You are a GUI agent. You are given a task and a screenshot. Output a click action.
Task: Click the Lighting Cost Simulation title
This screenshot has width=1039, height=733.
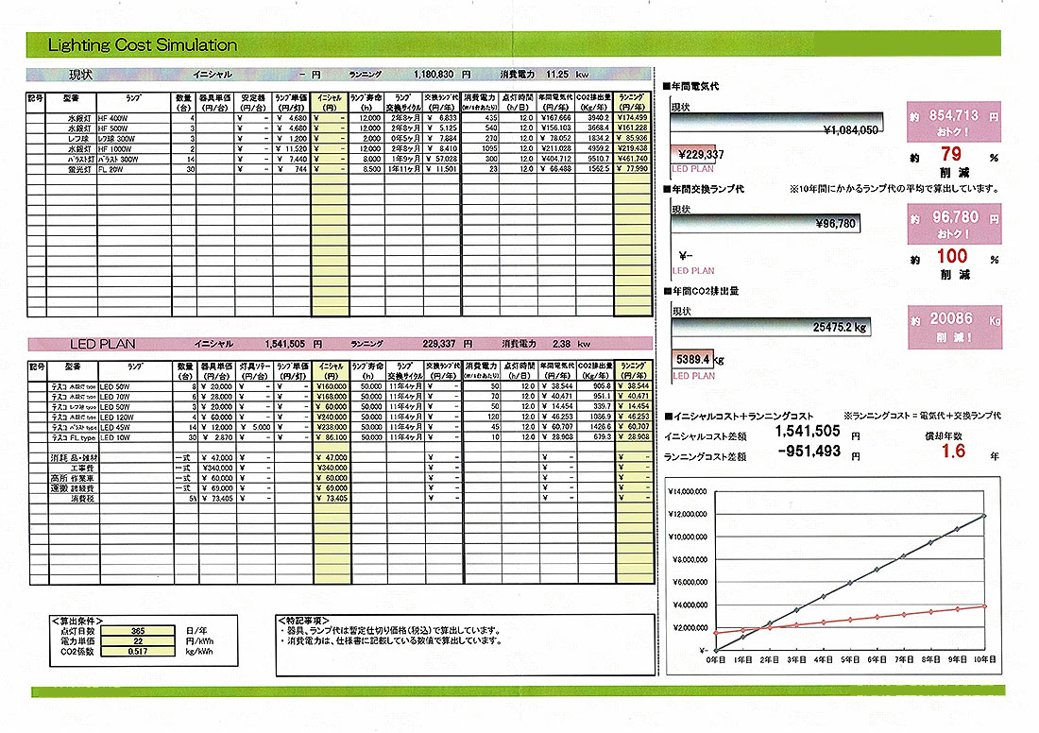click(142, 45)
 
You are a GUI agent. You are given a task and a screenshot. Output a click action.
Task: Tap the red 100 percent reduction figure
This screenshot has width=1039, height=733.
click(952, 256)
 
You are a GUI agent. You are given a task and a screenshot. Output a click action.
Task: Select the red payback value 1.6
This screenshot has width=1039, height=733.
click(953, 452)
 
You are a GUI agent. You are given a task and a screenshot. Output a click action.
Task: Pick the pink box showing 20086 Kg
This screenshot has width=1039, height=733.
click(952, 325)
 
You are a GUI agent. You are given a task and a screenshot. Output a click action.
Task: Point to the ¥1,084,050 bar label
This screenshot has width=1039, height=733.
click(851, 130)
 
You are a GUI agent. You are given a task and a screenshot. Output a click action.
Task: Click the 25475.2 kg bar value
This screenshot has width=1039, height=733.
click(840, 328)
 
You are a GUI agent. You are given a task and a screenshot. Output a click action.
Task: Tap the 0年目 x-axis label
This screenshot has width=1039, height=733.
click(716, 658)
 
